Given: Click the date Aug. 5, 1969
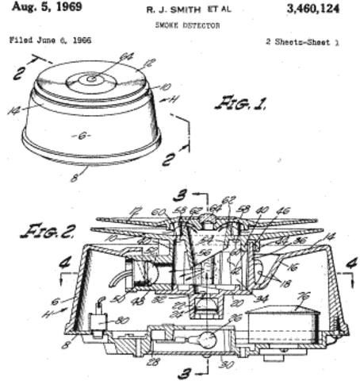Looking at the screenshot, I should click(x=39, y=8).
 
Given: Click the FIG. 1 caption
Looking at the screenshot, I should click(x=240, y=103).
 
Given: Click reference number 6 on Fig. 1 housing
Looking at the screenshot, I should click(x=83, y=136).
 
